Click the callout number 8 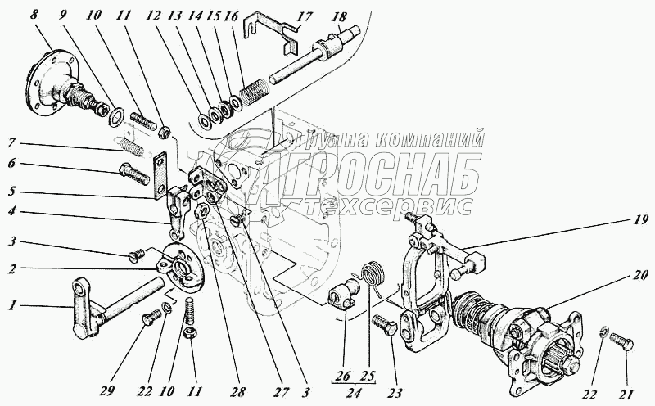(34, 16)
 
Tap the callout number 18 (340, 17)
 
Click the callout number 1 (13, 307)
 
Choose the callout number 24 (354, 393)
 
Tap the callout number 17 (305, 17)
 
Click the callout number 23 (395, 393)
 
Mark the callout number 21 (626, 394)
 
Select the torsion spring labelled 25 (371, 275)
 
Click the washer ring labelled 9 (115, 116)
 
